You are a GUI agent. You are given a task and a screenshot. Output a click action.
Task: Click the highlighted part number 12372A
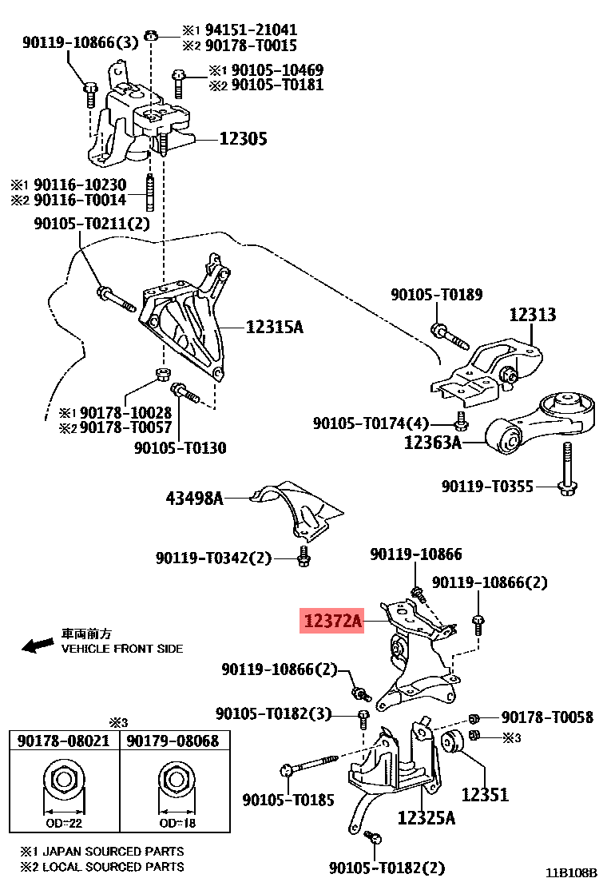click(x=331, y=620)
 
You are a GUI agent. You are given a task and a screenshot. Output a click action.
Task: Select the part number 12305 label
click(x=243, y=139)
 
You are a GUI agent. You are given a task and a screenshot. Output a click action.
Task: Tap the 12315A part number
click(x=275, y=327)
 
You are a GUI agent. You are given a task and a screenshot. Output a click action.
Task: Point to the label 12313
click(x=533, y=315)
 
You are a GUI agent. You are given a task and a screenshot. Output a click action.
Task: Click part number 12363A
click(x=433, y=441)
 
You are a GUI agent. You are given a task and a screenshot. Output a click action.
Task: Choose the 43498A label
click(x=194, y=499)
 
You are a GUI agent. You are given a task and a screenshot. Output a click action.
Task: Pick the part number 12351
click(x=485, y=795)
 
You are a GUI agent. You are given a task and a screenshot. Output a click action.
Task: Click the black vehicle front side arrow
click(x=38, y=645)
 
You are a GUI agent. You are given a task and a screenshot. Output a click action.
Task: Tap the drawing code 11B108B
click(x=572, y=872)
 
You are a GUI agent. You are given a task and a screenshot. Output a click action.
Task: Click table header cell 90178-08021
click(x=64, y=741)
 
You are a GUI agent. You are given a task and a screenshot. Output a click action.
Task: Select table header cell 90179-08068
click(x=173, y=741)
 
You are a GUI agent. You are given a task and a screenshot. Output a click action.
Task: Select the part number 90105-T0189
click(x=437, y=295)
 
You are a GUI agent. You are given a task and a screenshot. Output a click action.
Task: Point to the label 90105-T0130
click(x=180, y=448)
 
